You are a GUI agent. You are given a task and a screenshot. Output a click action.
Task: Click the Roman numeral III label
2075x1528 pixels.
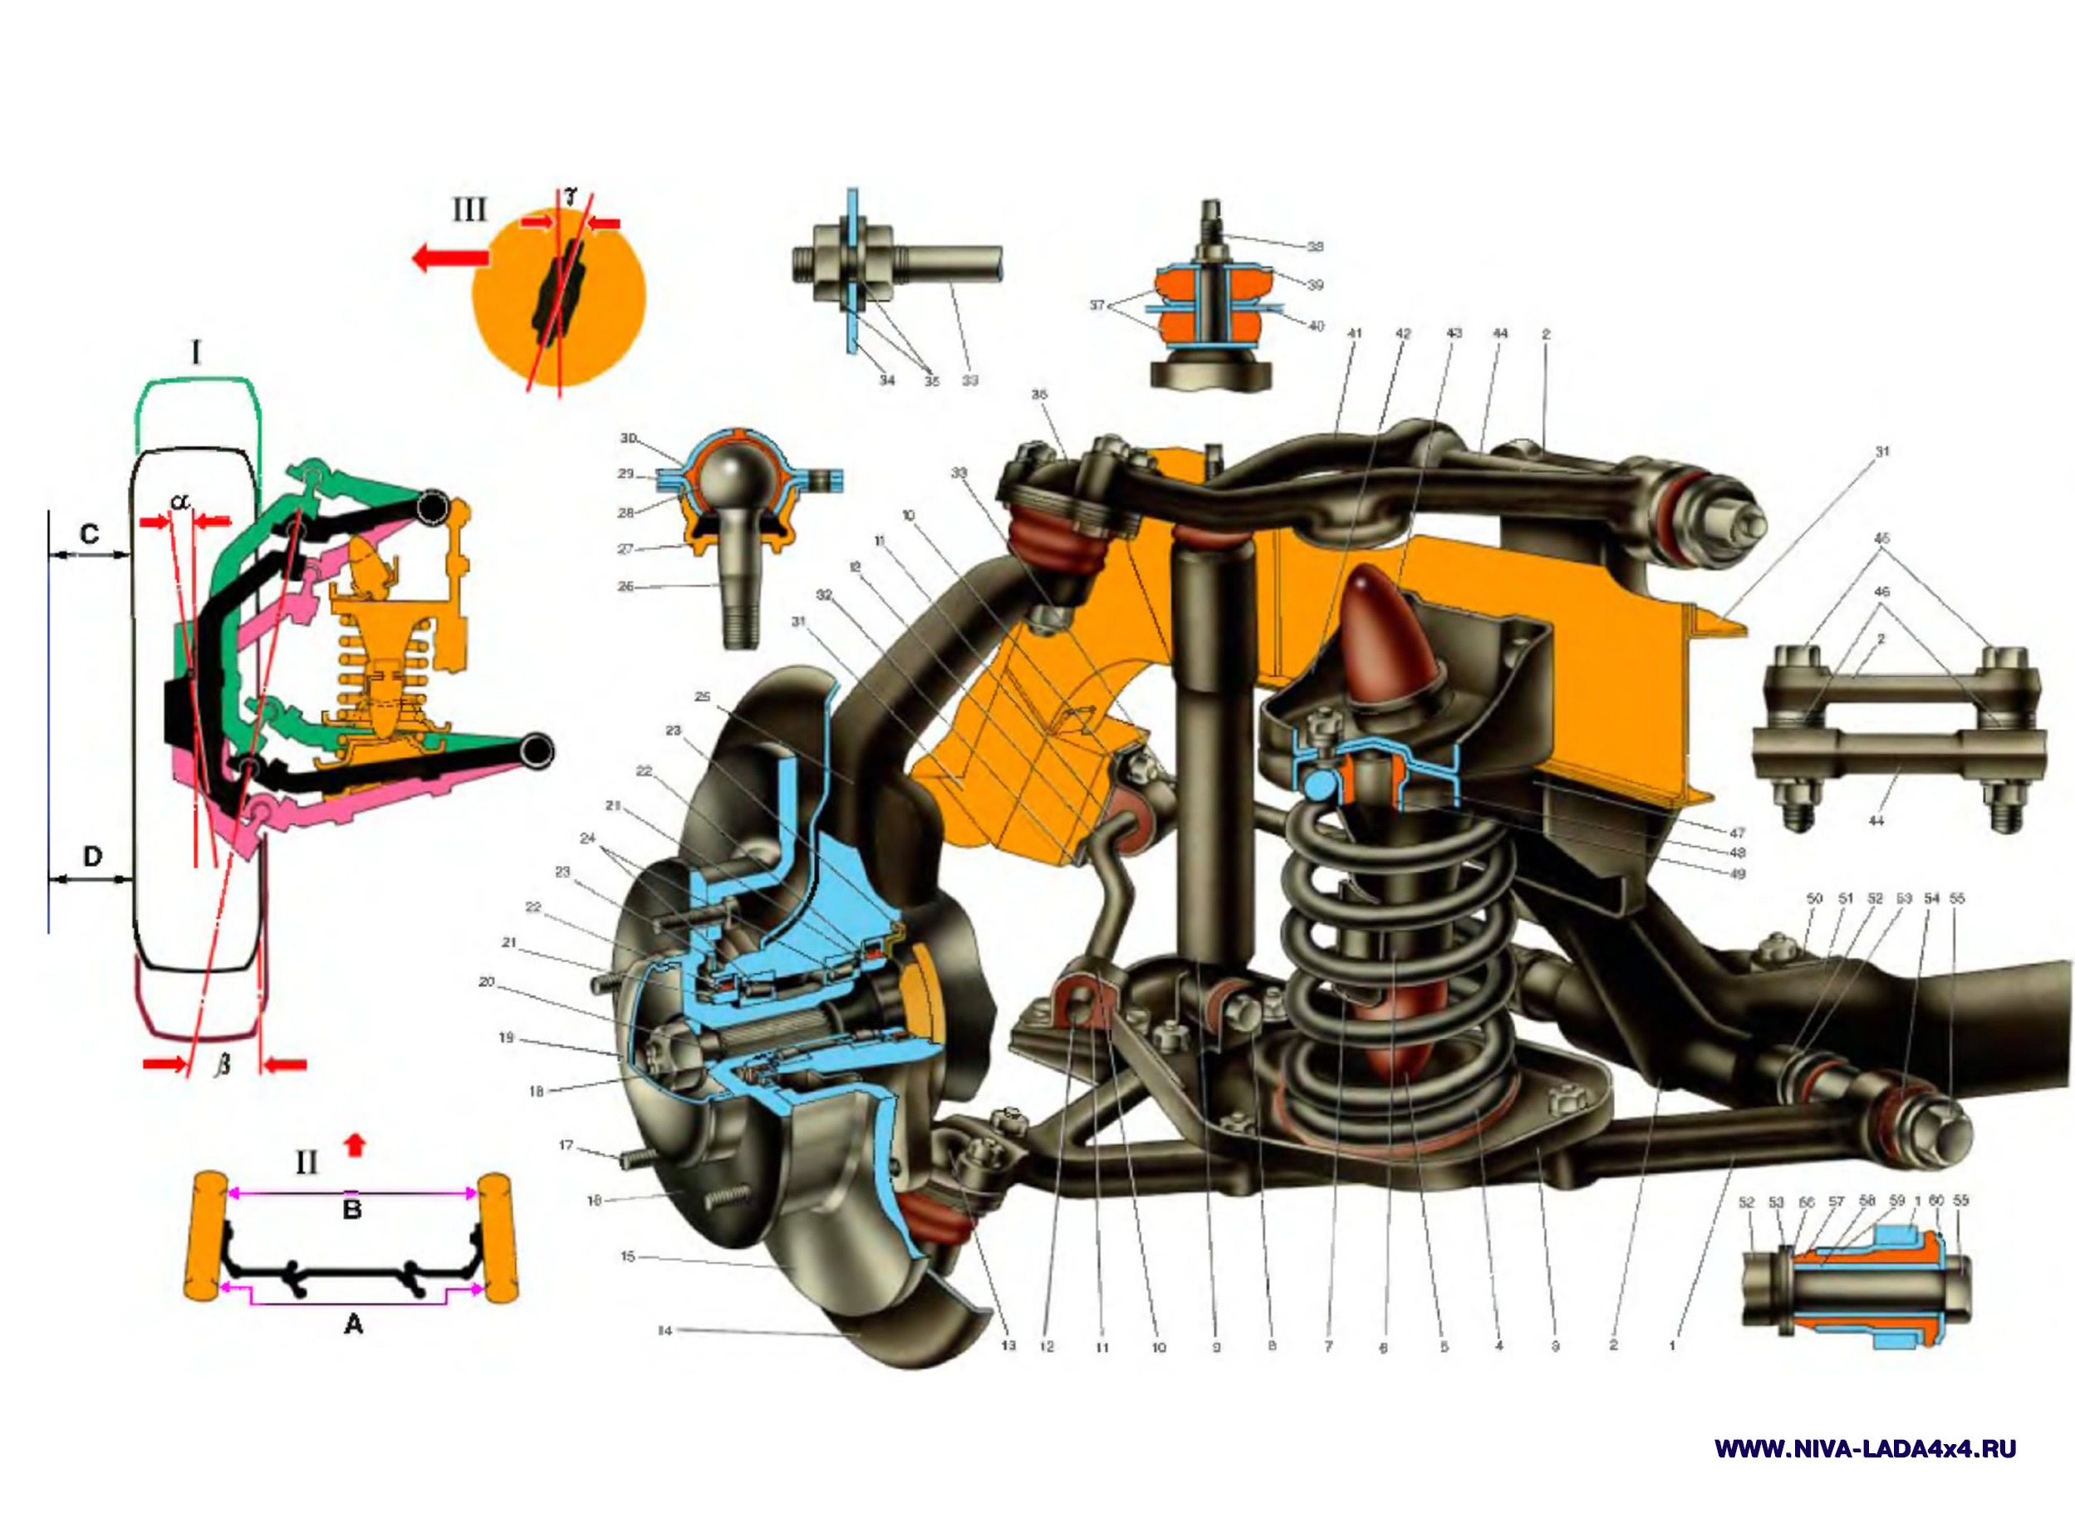(468, 210)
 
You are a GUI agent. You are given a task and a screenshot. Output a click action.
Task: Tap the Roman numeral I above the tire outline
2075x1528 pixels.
(195, 353)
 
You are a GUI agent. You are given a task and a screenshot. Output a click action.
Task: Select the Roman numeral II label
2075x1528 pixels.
(306, 1162)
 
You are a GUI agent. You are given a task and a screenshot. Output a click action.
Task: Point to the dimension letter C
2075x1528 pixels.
(90, 533)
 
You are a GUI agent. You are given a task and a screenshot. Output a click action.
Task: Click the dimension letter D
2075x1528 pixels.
(91, 857)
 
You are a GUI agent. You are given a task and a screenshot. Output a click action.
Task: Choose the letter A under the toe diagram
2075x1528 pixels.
(353, 1324)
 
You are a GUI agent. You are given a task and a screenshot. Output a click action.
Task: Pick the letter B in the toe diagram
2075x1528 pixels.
(351, 1209)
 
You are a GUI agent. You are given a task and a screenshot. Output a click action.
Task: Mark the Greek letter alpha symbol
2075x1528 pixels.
(181, 501)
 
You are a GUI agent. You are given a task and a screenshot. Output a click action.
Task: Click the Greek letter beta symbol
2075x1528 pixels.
(222, 1065)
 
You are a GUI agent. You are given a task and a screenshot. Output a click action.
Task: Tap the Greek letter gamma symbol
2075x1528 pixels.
(571, 195)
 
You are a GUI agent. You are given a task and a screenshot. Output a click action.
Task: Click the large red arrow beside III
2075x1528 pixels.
(449, 256)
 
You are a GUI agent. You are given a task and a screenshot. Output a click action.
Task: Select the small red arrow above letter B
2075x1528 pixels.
(354, 1146)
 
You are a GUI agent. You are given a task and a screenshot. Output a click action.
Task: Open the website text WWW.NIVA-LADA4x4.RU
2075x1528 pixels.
(1865, 1449)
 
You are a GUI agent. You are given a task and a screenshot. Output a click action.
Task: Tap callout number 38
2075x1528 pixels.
(1315, 247)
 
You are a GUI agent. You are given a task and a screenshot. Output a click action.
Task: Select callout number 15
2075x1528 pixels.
(628, 1256)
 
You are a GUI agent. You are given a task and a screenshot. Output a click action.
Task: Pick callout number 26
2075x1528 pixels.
(625, 587)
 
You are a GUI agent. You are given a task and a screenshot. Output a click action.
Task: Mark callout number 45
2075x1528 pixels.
(1881, 538)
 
